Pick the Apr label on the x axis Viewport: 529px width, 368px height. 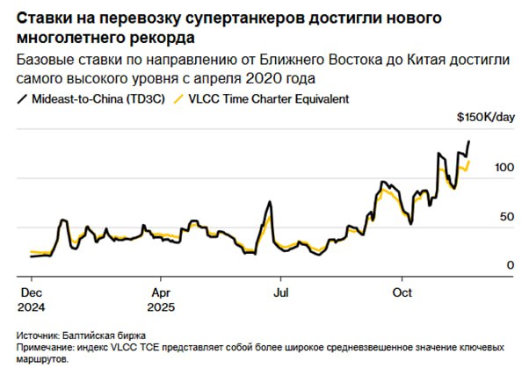coord(161,292)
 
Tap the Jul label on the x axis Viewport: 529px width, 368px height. coord(280,292)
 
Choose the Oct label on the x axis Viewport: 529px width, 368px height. coord(402,292)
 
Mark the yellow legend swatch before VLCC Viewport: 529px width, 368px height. coord(180,99)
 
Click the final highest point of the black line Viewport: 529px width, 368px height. coord(468,141)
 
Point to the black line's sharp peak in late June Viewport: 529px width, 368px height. coord(268,204)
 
